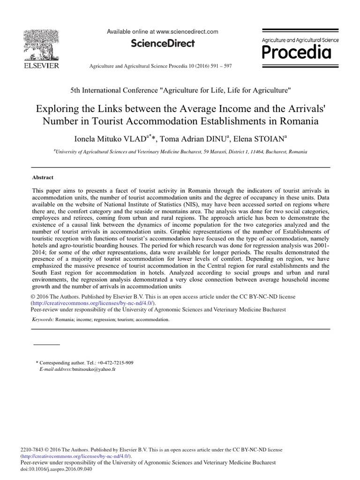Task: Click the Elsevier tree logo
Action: [x=41, y=44]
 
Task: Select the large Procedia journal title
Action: [x=296, y=52]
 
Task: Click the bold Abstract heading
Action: [x=43, y=178]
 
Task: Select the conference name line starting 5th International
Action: [x=180, y=90]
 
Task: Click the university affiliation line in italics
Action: [x=180, y=152]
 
